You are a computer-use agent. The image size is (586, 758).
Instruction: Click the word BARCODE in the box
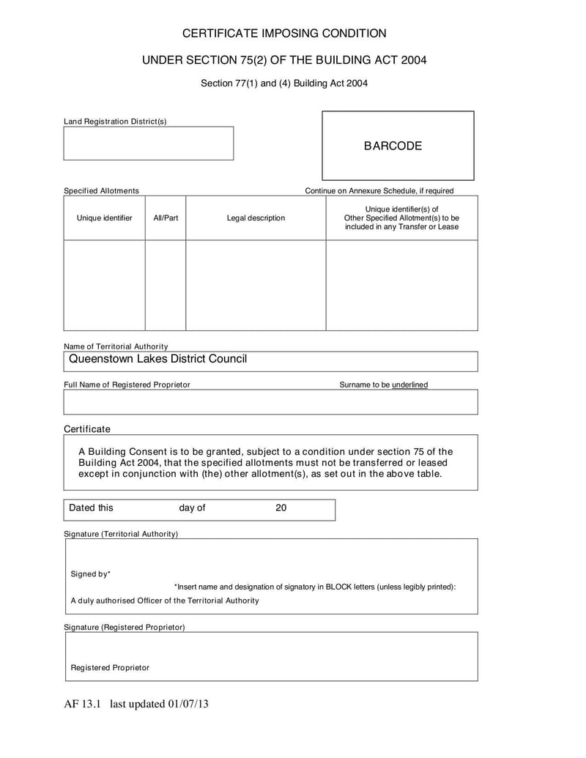[x=393, y=146]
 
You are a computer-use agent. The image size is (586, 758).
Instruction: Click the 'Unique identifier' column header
[x=104, y=218]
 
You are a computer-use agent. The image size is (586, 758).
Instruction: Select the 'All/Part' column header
[x=166, y=218]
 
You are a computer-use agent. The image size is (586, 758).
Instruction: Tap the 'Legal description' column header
[x=256, y=218]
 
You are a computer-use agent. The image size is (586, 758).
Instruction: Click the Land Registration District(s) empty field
[x=148, y=144]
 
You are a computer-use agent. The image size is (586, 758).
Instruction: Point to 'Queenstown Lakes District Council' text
[x=157, y=359]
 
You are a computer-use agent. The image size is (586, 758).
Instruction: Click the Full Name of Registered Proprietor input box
[x=270, y=402]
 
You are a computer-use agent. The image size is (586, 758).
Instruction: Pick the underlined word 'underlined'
[x=410, y=384]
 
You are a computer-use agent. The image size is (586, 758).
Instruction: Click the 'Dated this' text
[x=91, y=508]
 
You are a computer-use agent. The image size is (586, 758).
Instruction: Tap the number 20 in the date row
[x=281, y=508]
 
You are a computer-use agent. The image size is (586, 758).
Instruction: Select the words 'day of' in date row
[x=192, y=508]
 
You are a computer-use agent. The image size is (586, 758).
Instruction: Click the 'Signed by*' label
[x=90, y=574]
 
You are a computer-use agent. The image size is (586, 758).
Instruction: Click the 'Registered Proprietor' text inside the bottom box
[x=110, y=668]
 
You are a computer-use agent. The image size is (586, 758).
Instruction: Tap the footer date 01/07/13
[x=189, y=705]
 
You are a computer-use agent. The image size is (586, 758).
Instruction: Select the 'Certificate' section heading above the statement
[x=86, y=429]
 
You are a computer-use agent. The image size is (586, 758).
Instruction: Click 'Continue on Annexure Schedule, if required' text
[x=379, y=191]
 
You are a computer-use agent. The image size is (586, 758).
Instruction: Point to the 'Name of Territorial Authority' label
[x=116, y=346]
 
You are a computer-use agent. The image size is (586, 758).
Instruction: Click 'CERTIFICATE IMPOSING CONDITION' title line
[x=284, y=33]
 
